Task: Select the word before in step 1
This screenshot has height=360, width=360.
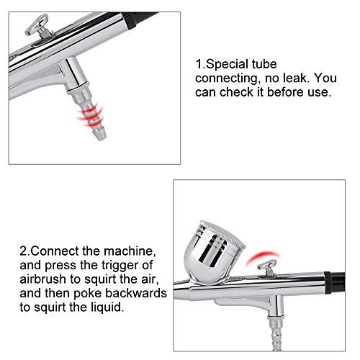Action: [284, 92]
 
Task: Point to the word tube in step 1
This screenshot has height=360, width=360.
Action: [264, 64]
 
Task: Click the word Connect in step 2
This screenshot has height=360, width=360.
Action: [55, 251]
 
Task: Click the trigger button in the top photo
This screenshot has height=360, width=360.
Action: [38, 26]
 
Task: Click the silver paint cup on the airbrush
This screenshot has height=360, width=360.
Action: [214, 252]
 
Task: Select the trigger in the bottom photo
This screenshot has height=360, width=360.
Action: [267, 268]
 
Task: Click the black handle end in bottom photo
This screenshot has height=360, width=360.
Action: [336, 283]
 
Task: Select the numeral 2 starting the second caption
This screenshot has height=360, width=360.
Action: [24, 251]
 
